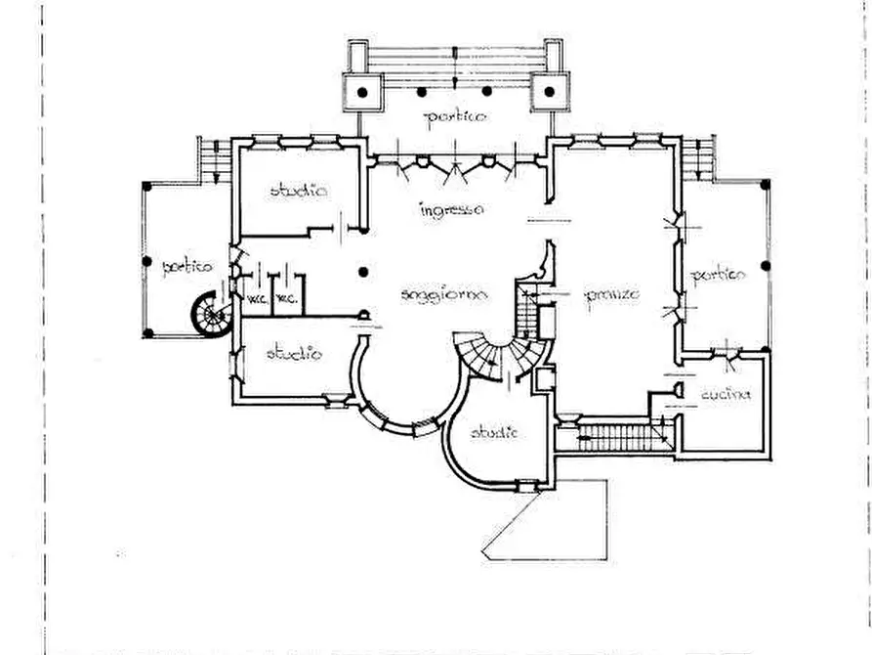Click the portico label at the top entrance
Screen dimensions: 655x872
[455, 118]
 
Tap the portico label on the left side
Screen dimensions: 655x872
[187, 266]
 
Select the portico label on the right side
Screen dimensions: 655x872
[719, 276]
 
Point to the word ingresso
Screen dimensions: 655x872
[451, 210]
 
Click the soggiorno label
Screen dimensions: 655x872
[443, 294]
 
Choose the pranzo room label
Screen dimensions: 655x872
[612, 294]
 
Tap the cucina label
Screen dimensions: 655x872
[726, 395]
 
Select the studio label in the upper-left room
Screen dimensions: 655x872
[299, 191]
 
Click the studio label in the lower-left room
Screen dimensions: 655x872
[294, 354]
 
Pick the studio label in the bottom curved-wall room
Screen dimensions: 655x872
[494, 432]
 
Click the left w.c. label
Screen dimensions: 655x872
[258, 299]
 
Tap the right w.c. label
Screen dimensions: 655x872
[286, 299]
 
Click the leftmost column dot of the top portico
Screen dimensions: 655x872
[362, 92]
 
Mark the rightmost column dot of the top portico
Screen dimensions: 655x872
[549, 92]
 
